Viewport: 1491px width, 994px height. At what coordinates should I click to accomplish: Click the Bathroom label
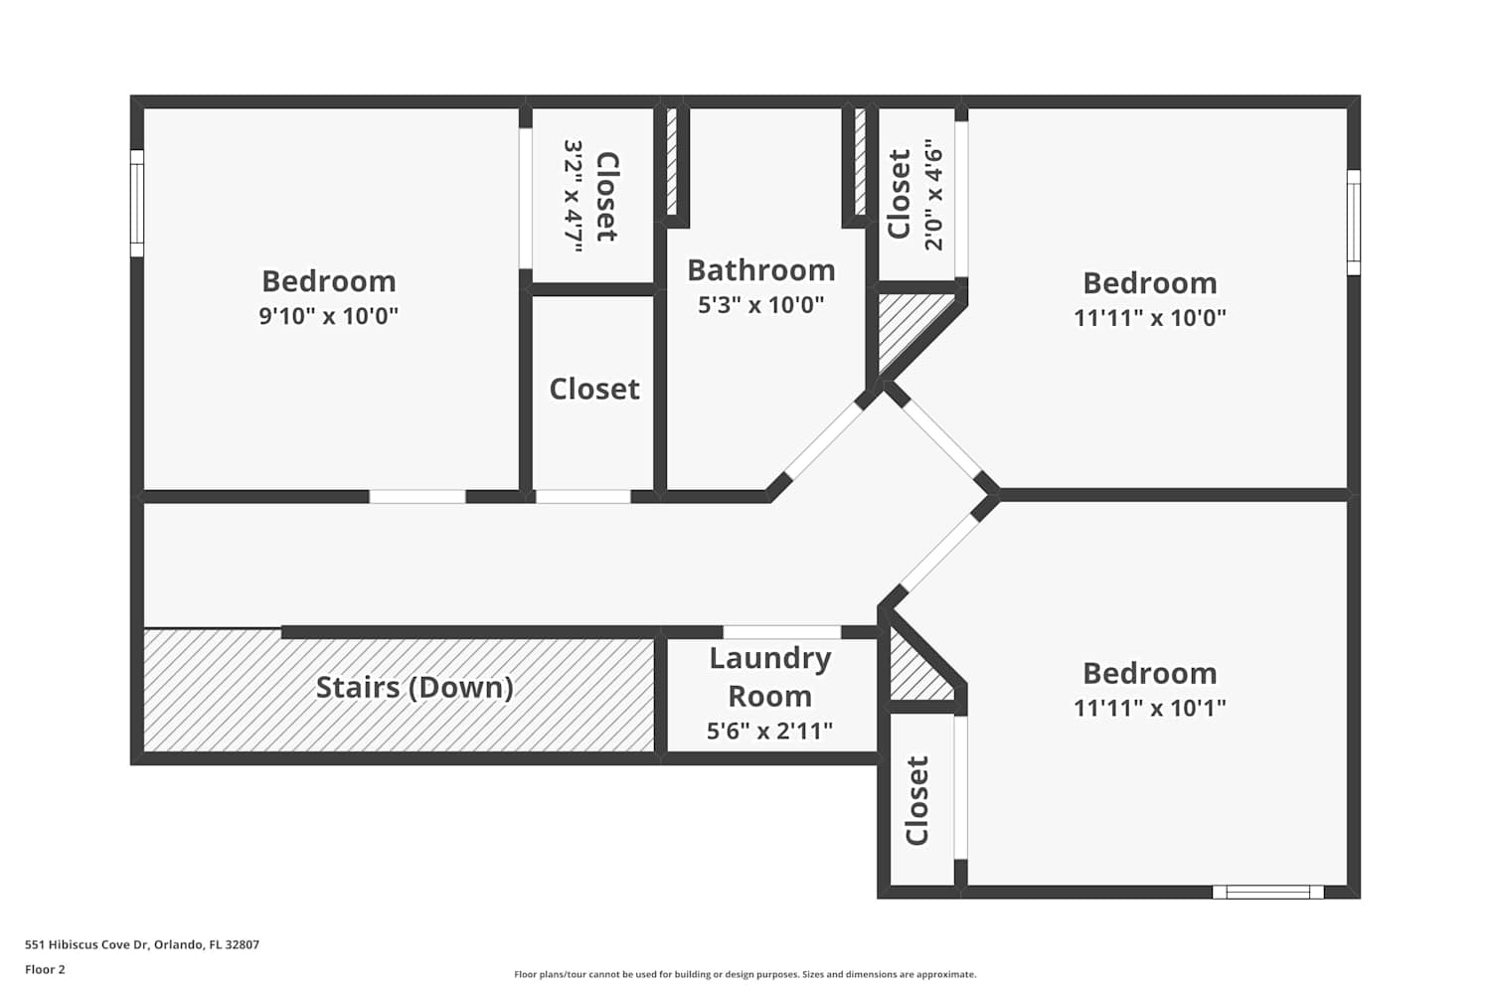(760, 270)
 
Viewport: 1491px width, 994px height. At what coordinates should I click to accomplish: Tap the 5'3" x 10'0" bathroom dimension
(760, 305)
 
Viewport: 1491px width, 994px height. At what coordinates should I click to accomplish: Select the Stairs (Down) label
(414, 687)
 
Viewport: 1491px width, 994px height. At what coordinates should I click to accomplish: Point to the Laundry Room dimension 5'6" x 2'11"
(769, 731)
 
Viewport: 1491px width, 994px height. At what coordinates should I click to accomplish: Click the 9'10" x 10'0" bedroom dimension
(329, 315)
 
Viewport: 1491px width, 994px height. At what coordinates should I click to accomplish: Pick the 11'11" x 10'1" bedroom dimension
(1149, 707)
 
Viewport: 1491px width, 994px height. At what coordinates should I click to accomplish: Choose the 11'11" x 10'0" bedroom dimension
(1149, 317)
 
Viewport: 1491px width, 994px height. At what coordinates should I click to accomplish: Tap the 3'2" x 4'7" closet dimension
(574, 196)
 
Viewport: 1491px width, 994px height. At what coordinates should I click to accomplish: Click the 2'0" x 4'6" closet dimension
(934, 195)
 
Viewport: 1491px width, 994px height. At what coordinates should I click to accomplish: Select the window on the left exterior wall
(136, 203)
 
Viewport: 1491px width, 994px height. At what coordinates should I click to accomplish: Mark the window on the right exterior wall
(1354, 223)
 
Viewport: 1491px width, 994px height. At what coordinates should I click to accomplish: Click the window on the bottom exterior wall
(1268, 893)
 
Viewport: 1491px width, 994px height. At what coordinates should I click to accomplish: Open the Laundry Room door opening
(781, 632)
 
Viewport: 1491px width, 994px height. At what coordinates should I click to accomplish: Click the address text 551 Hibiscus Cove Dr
(89, 944)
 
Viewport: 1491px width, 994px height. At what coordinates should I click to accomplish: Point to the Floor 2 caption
(46, 969)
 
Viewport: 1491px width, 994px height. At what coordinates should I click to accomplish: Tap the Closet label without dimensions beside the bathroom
(594, 389)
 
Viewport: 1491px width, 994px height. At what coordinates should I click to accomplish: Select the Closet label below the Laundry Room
(916, 801)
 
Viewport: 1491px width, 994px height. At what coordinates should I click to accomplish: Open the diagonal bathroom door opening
(824, 440)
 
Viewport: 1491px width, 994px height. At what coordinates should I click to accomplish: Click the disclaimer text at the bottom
(745, 974)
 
